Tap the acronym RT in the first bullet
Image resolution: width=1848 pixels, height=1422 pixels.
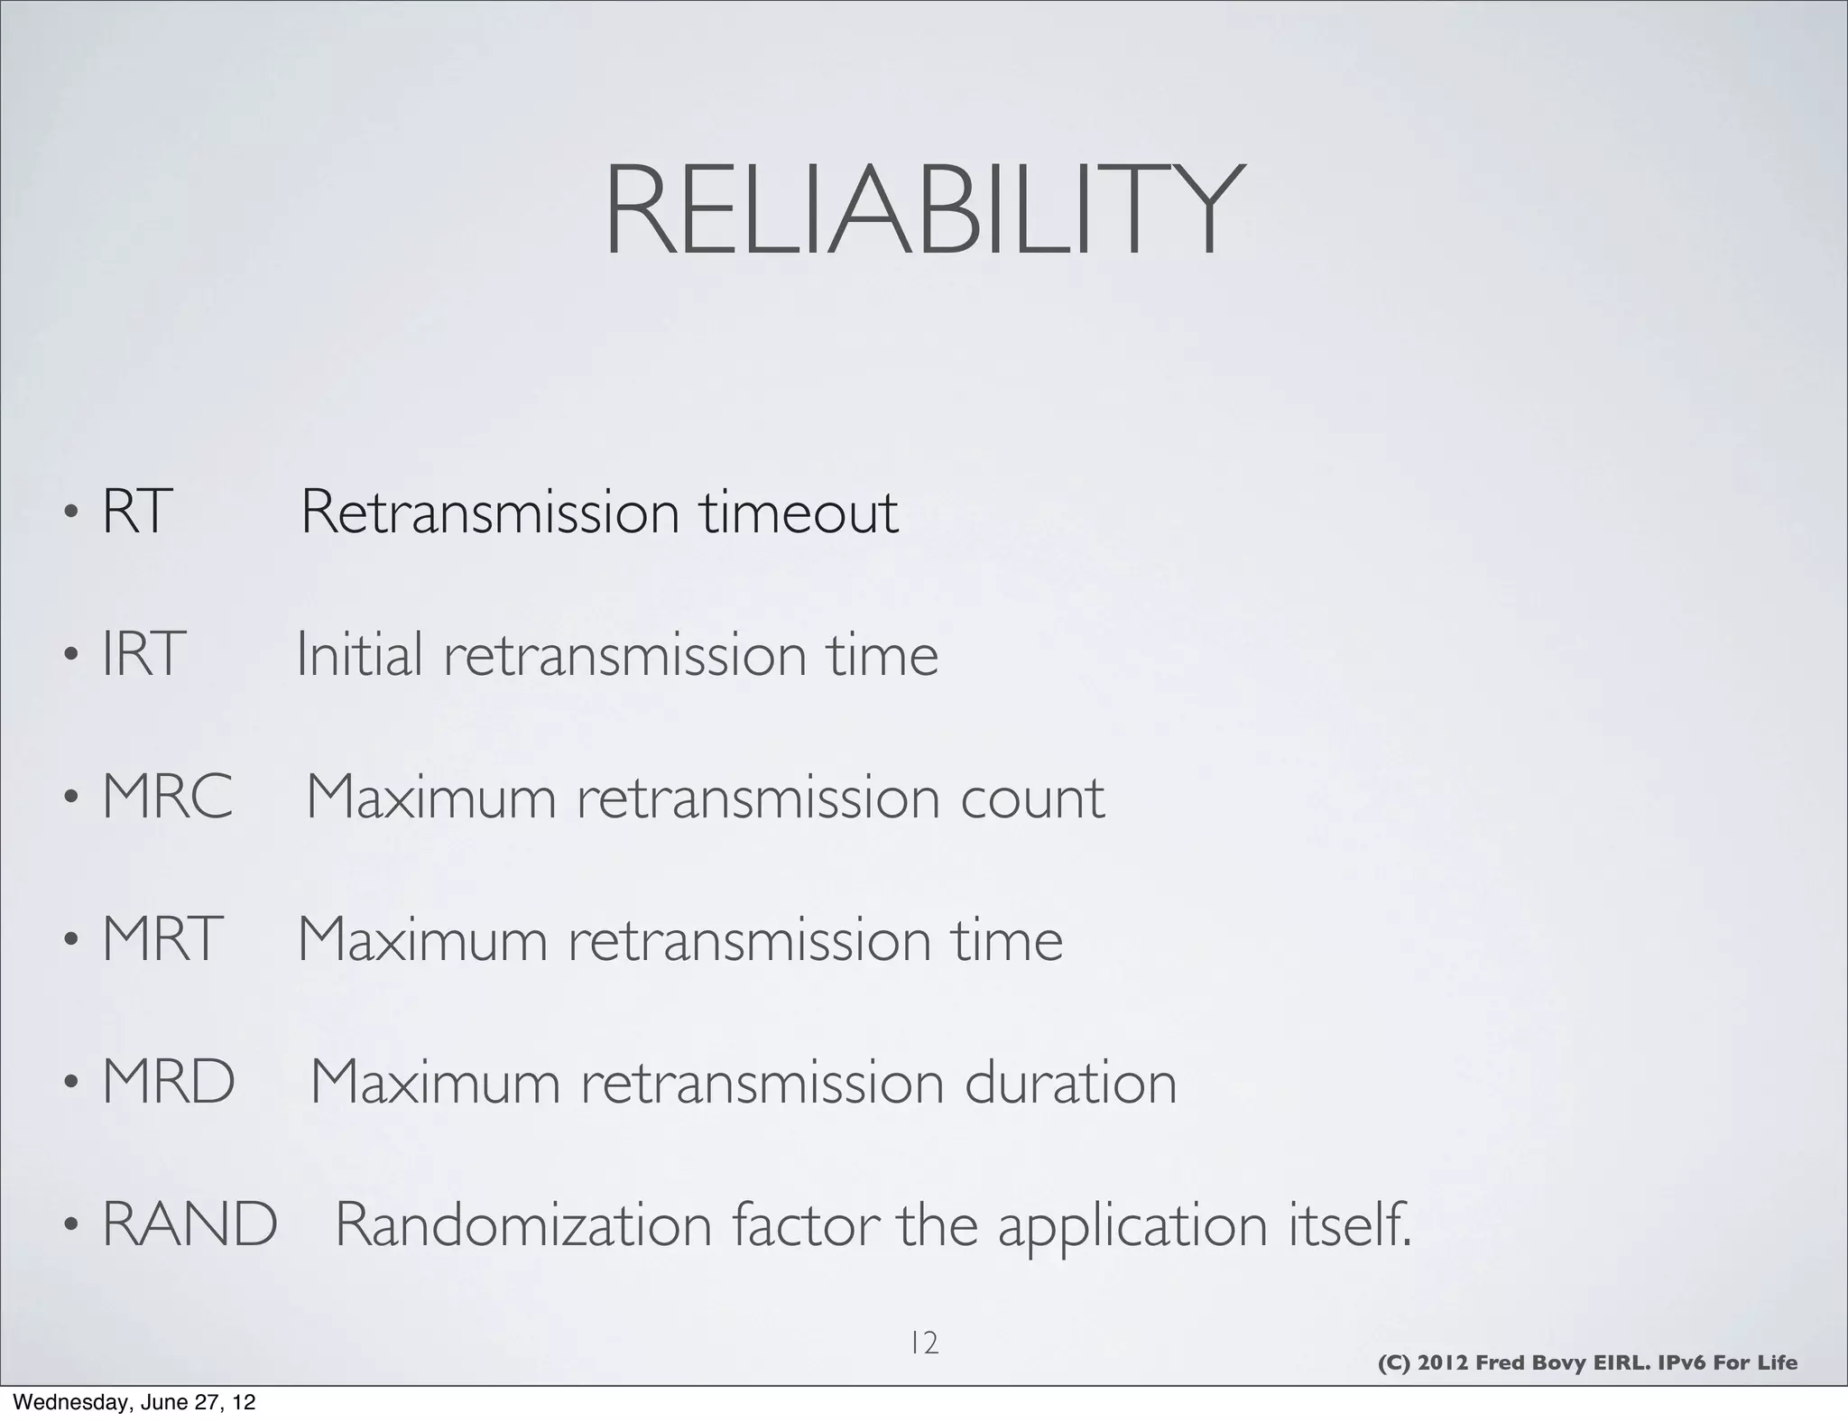136,512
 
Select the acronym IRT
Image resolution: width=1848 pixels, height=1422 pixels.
143,654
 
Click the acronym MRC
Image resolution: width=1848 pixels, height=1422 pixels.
168,797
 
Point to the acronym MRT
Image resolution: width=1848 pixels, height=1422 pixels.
162,939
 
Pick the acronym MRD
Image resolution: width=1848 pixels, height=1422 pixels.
169,1082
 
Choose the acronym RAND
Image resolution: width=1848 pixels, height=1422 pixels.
189,1224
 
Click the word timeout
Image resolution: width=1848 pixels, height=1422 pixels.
799,512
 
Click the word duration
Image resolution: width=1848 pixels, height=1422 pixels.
1070,1082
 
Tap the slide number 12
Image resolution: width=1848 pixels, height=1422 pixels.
924,1344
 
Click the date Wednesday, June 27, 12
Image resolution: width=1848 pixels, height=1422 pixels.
134,1402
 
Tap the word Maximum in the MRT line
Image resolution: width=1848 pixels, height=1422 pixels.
422,939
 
